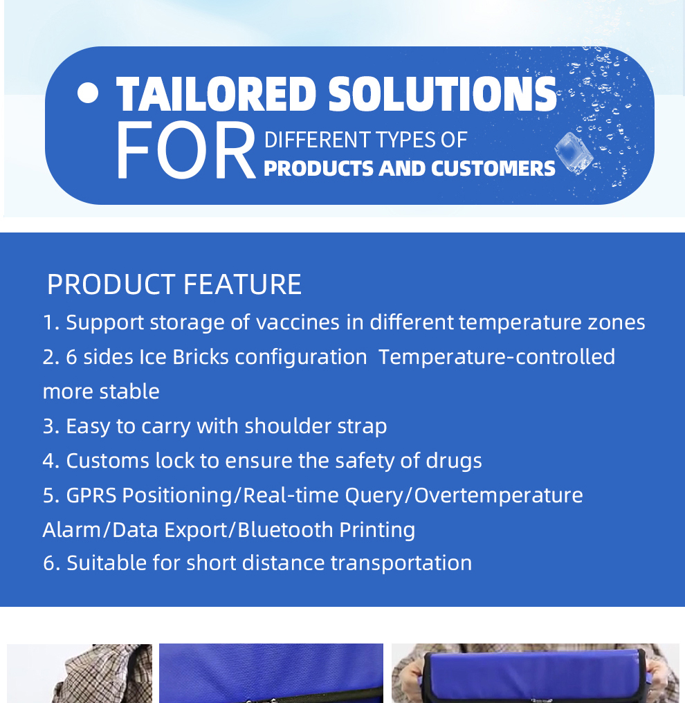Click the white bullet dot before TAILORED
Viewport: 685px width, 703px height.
(88, 93)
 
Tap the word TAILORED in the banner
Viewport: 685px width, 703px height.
(217, 93)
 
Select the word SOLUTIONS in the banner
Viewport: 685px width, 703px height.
(442, 93)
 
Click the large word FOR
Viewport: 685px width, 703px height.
(185, 151)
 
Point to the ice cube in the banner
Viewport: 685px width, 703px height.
(574, 153)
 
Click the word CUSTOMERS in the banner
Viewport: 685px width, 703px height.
(493, 169)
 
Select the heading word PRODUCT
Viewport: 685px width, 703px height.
(111, 284)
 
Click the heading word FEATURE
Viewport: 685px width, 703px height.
(243, 284)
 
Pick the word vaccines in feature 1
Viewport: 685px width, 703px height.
(298, 322)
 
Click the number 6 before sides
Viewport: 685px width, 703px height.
(72, 357)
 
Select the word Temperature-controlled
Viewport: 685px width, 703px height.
(497, 357)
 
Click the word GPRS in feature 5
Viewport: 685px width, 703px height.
(91, 495)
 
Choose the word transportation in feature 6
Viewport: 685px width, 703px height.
(401, 563)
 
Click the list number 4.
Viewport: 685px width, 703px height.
(48, 461)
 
